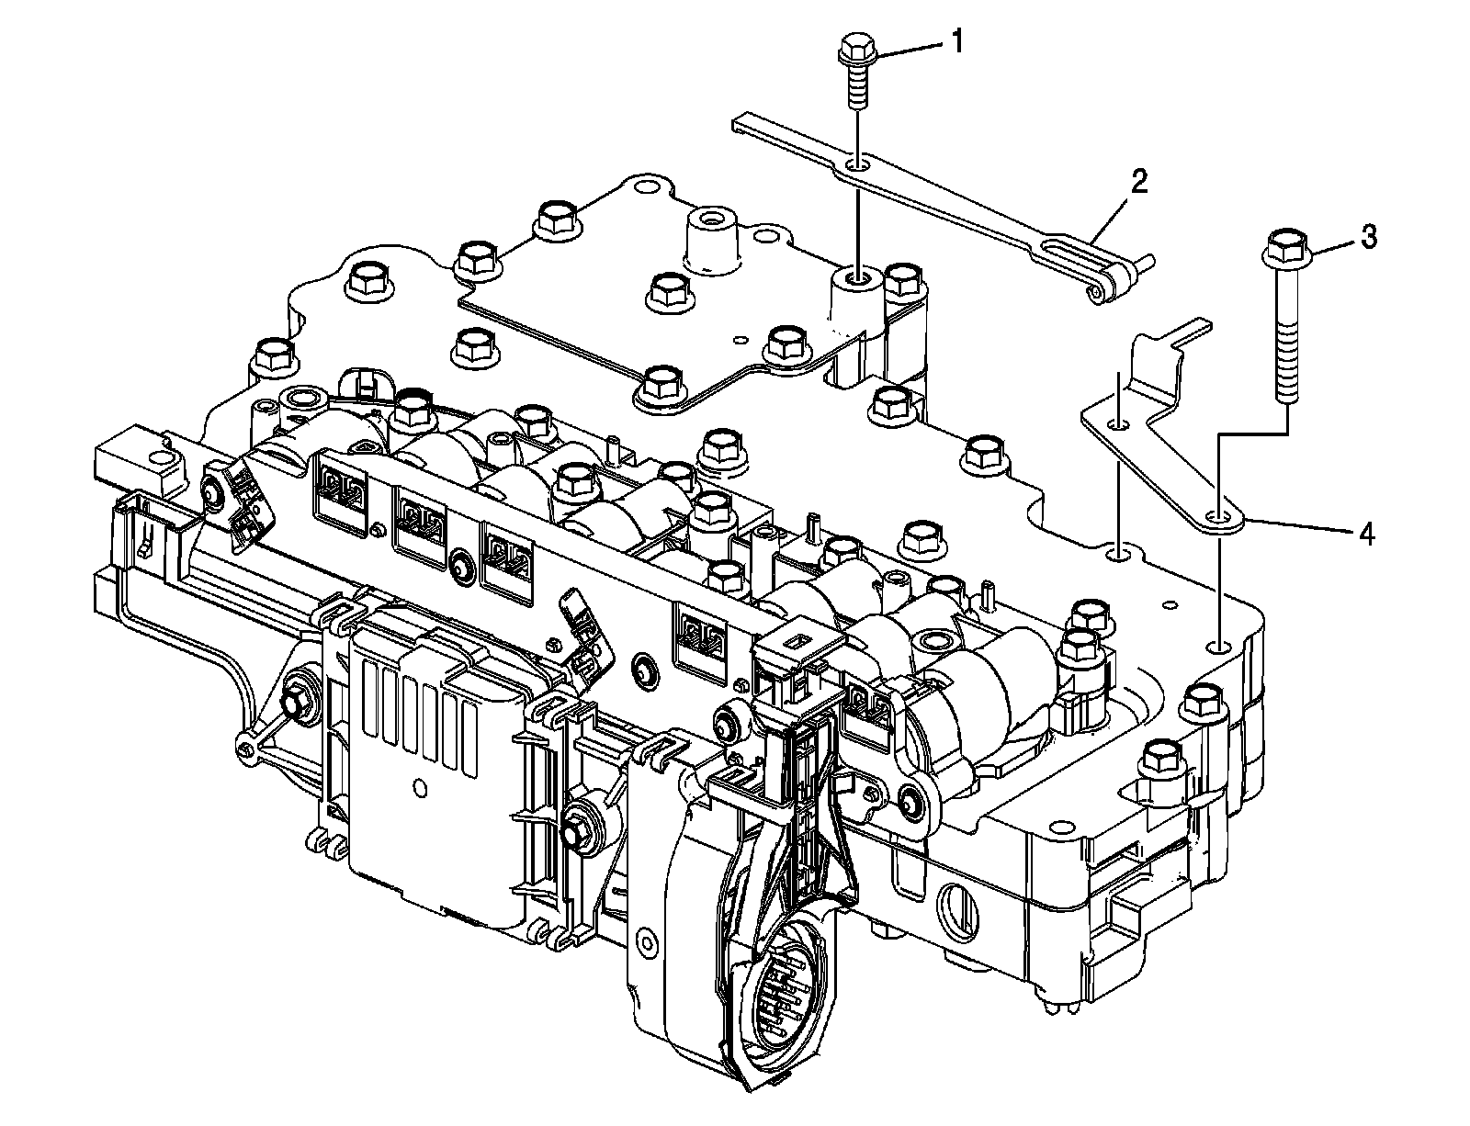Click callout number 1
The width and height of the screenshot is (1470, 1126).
pyautogui.click(x=957, y=42)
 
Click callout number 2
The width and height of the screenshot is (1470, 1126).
pyautogui.click(x=1138, y=181)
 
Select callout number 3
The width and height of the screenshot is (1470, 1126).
pyautogui.click(x=1368, y=238)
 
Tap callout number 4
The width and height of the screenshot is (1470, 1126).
pyautogui.click(x=1366, y=535)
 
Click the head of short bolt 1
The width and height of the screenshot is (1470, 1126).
pyautogui.click(x=855, y=49)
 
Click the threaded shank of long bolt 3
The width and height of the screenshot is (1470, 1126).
pyautogui.click(x=1286, y=340)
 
